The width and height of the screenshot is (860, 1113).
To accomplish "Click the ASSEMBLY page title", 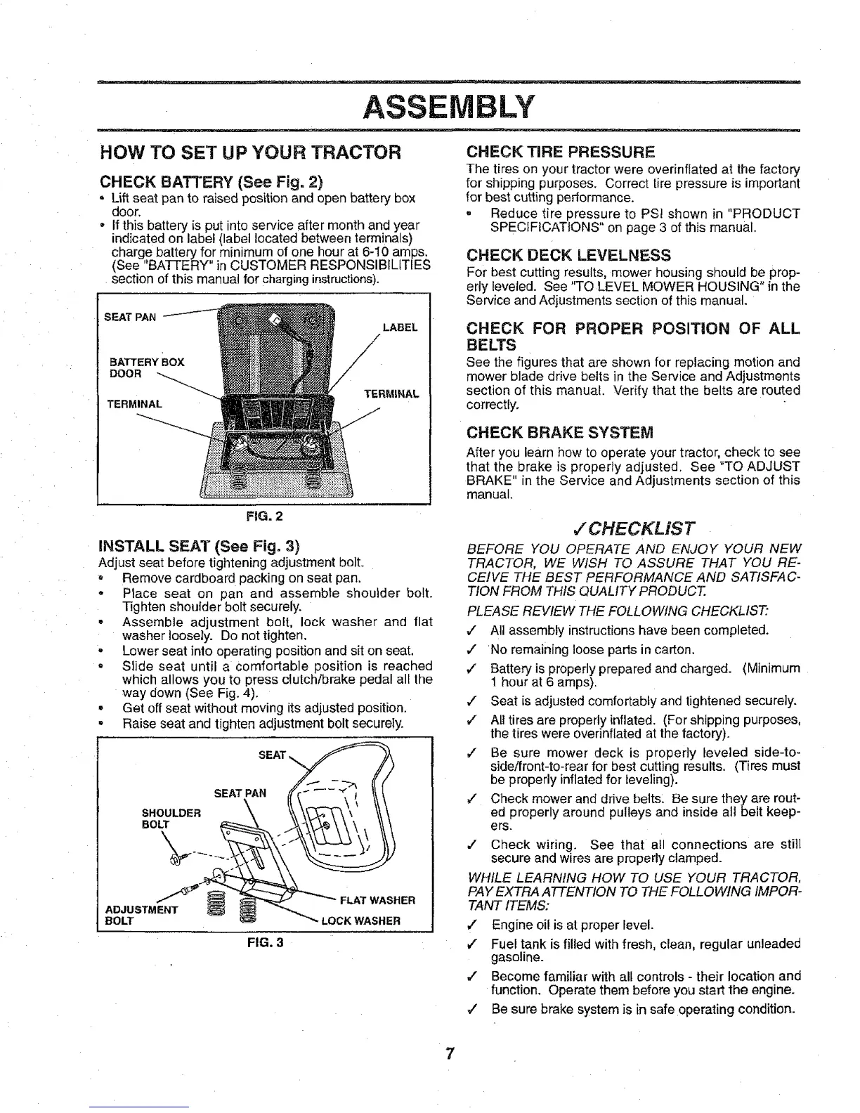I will coord(450,106).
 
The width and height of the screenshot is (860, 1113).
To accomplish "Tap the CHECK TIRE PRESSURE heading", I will coord(561,152).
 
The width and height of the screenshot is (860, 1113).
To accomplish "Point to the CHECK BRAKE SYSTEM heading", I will coord(560,431).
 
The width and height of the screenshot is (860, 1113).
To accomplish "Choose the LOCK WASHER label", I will coord(370,920).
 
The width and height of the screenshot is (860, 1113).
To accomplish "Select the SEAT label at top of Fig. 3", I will coord(272,755).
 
